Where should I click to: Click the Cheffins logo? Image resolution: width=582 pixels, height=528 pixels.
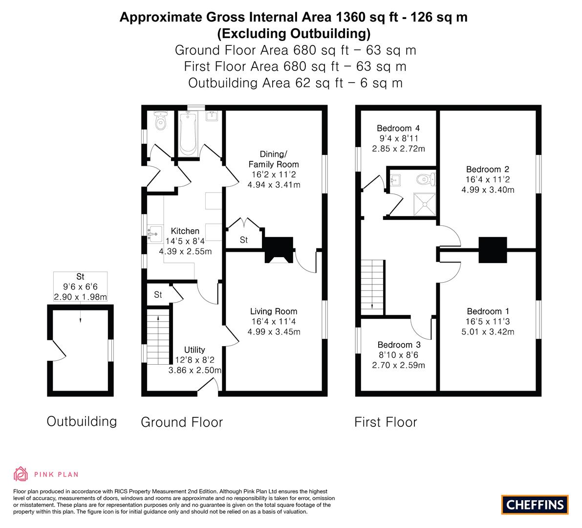535,504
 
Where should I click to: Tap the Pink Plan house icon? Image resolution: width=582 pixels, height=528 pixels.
21,474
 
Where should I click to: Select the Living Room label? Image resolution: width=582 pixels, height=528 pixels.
273,311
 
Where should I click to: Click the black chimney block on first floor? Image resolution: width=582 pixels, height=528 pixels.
492,250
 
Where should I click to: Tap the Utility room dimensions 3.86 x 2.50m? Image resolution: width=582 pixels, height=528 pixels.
194,371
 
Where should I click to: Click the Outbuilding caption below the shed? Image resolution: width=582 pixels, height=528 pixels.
82,421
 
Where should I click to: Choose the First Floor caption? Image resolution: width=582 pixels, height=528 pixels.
386,422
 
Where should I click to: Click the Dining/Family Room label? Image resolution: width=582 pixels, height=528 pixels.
273,159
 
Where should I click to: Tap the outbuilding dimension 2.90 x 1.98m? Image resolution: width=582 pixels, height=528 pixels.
80,297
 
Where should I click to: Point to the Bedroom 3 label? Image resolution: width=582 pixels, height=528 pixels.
395,345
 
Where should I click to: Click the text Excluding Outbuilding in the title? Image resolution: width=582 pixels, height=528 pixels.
294,34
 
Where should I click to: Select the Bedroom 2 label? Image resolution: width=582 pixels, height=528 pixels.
488,170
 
